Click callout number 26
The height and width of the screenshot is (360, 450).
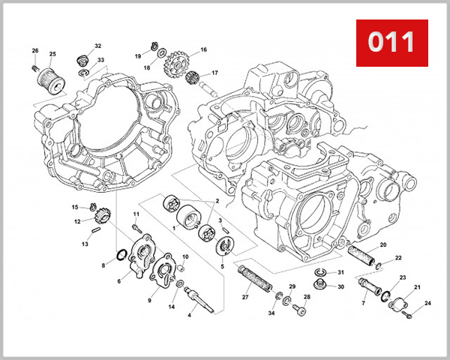34,51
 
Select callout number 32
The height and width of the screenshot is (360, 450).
98,46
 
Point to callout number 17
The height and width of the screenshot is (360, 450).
214,73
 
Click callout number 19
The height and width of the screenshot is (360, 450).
138,56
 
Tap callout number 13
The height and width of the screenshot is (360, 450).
85,244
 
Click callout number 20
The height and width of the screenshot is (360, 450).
382,245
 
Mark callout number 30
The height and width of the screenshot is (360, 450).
340,286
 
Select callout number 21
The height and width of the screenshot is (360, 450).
417,288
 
